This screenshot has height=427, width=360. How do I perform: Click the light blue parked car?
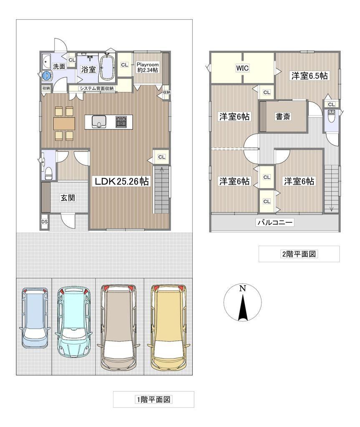coord(35,317)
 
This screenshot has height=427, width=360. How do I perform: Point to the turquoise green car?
coord(74,322)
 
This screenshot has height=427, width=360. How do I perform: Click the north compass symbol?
coord(242,303)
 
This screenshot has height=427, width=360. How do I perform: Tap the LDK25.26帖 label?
coord(121,181)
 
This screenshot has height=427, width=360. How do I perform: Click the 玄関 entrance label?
coord(68,198)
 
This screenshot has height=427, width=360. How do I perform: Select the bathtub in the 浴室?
coord(107,68)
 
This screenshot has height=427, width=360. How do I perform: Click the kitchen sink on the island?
coord(98,122)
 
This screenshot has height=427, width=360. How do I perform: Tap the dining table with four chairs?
coord(64,123)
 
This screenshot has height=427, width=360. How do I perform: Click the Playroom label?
coord(147,65)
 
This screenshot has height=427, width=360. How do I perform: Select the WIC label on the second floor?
coord(242,68)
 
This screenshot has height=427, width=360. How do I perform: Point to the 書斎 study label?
coord(283,117)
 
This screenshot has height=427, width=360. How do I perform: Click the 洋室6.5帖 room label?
coord(310,76)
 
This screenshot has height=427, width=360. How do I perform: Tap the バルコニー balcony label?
coord(275,223)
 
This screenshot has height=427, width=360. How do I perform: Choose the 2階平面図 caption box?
coord(299,254)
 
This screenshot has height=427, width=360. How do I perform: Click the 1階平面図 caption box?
coord(154,399)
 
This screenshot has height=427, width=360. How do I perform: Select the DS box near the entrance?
coord(44,222)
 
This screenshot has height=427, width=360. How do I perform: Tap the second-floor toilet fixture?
coord(331,116)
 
